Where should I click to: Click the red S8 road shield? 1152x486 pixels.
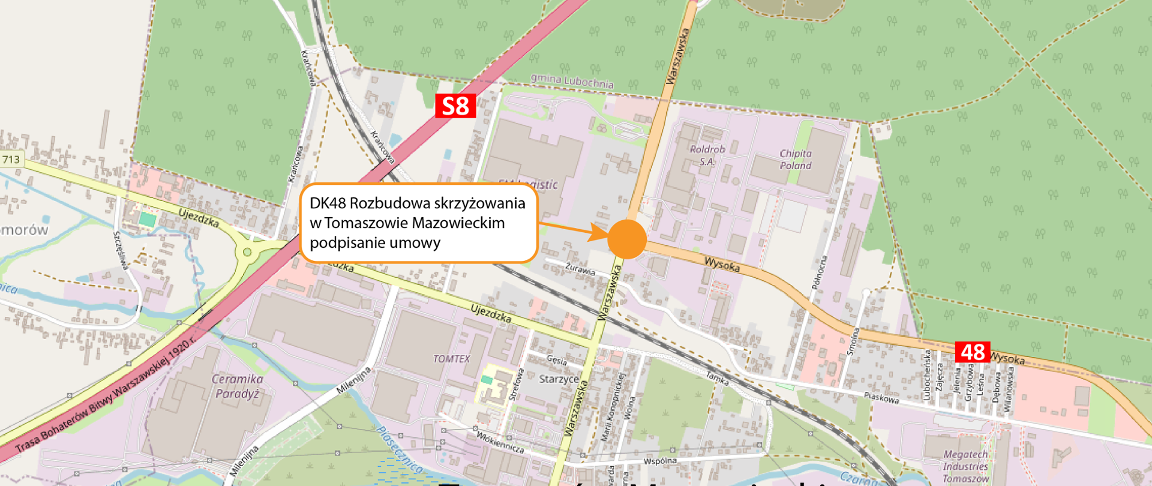pyautogui.click(x=455, y=106)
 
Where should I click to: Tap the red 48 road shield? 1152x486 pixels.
pyautogui.click(x=972, y=352)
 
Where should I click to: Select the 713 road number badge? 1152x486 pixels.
pyautogui.click(x=11, y=159)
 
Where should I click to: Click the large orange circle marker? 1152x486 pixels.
pyautogui.click(x=626, y=239)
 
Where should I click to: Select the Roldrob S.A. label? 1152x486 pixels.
pyautogui.click(x=707, y=155)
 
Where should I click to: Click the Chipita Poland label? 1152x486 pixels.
pyautogui.click(x=796, y=160)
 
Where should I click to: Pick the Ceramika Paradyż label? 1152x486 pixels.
pyautogui.click(x=238, y=386)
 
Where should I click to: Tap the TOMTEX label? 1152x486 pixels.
pyautogui.click(x=451, y=359)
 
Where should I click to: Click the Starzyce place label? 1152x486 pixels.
pyautogui.click(x=559, y=379)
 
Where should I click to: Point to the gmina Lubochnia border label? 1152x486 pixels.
pyautogui.click(x=572, y=80)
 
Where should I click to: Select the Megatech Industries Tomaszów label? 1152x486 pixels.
pyautogui.click(x=965, y=466)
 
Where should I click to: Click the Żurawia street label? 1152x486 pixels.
pyautogui.click(x=580, y=269)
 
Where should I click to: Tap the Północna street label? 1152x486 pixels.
pyautogui.click(x=820, y=273)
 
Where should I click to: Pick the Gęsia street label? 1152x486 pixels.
pyautogui.click(x=556, y=360)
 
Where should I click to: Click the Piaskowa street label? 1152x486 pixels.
pyautogui.click(x=881, y=397)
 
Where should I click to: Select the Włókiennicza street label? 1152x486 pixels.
pyautogui.click(x=500, y=443)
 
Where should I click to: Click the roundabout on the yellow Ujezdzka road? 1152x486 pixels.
pyautogui.click(x=247, y=253)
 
